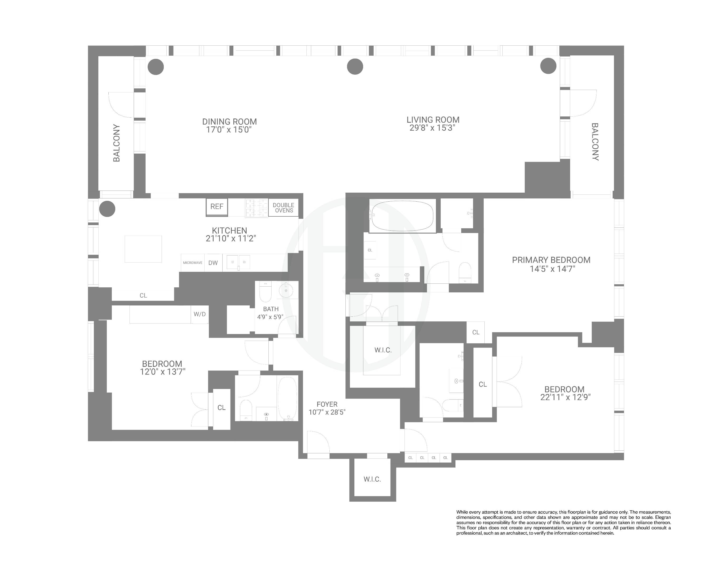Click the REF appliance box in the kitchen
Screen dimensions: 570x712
click(x=217, y=207)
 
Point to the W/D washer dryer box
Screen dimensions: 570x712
click(x=199, y=314)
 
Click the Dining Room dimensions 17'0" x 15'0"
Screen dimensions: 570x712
click(x=229, y=130)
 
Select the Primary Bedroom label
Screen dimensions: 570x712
click(x=551, y=260)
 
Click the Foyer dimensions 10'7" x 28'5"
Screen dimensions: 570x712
click(x=327, y=412)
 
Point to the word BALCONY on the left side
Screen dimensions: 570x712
click(x=117, y=143)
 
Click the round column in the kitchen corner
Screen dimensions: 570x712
click(x=107, y=209)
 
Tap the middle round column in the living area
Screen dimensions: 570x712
click(x=355, y=67)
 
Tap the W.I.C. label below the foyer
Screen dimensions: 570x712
click(x=372, y=479)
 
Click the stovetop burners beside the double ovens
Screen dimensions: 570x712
click(x=256, y=208)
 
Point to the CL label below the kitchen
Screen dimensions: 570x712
click(x=143, y=295)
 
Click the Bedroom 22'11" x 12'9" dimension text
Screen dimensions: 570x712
click(x=565, y=397)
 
